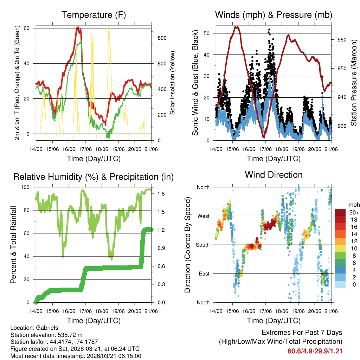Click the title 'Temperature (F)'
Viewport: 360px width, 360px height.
pos(94,15)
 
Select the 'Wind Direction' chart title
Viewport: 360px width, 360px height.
pos(274,174)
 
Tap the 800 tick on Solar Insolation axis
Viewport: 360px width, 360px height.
pos(157,38)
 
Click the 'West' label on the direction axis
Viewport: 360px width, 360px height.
pos(203,216)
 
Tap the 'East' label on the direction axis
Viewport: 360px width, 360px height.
pos(204,274)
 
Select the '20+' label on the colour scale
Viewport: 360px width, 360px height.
pos(354,212)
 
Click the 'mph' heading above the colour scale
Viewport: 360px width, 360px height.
pos(353,205)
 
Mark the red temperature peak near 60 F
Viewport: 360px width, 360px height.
pos(78,28)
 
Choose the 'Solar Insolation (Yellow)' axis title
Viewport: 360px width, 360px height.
pos(172,83)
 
